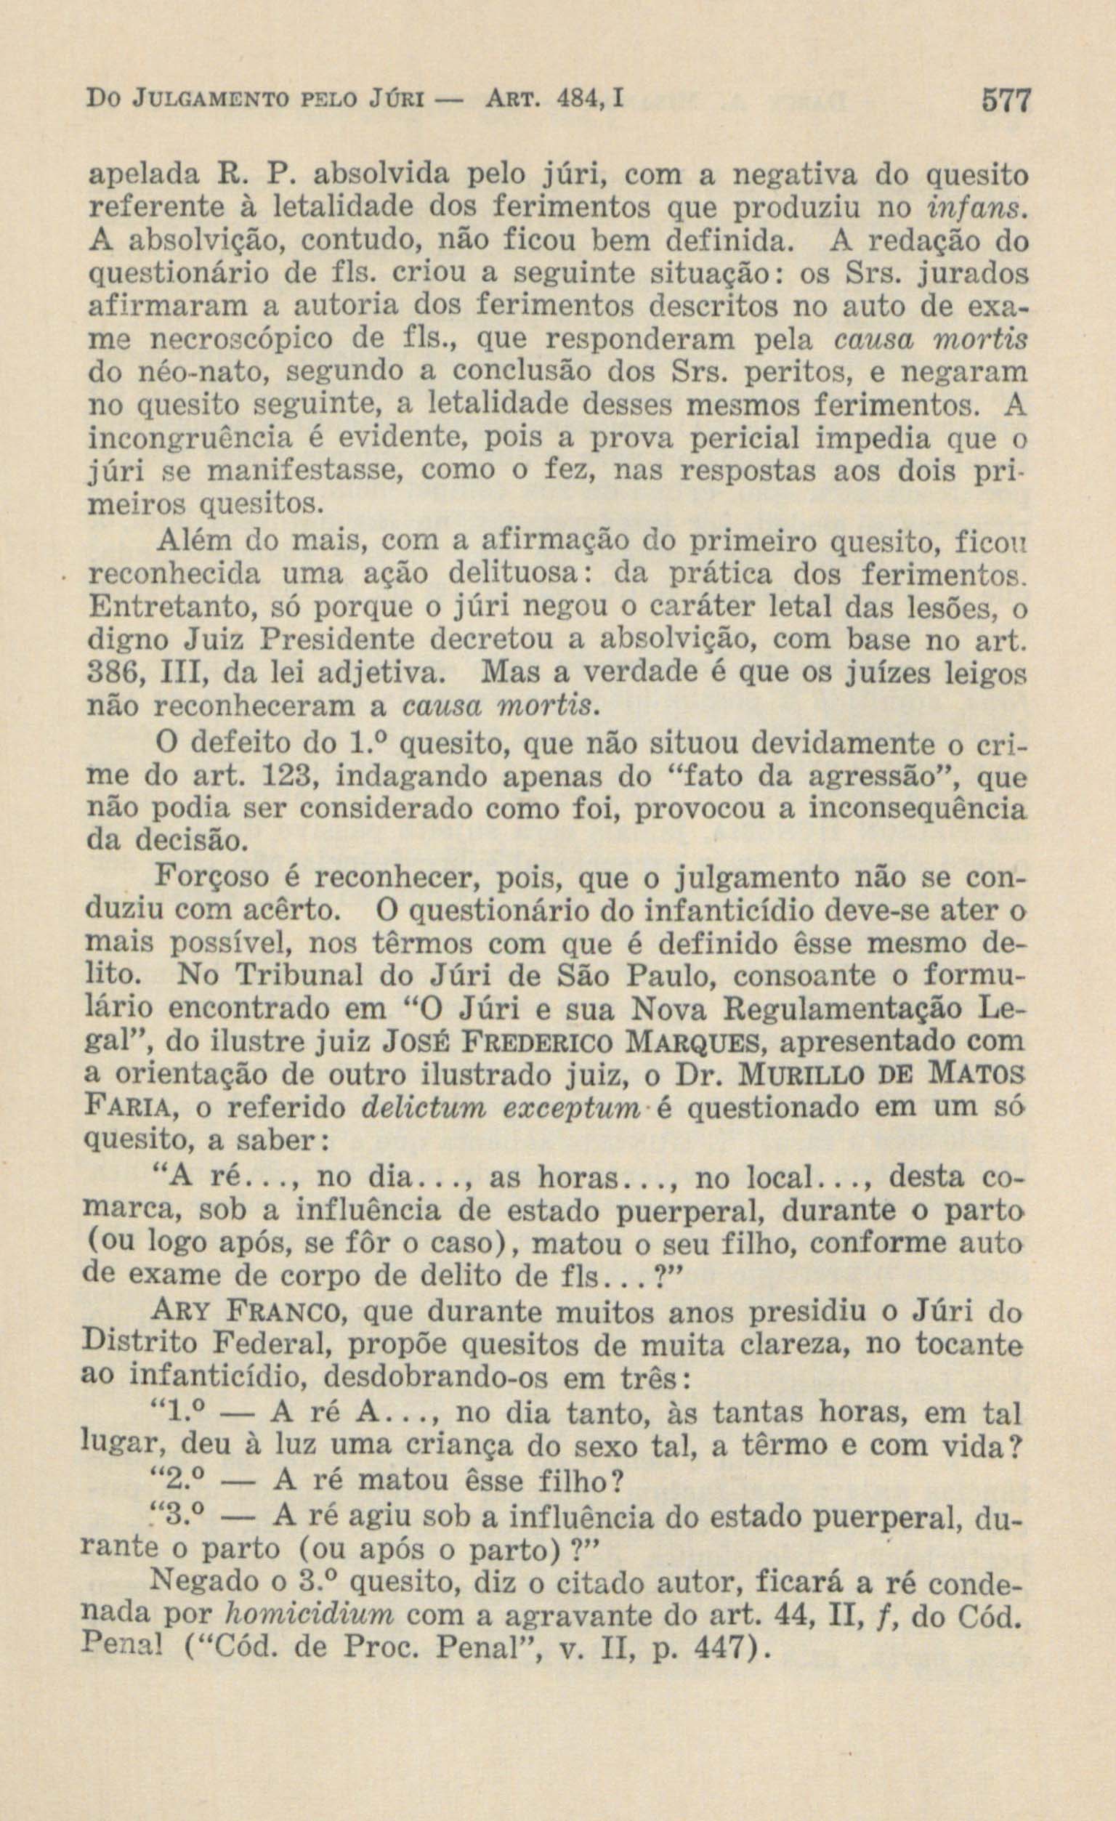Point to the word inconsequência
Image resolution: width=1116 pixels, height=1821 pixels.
tap(918, 809)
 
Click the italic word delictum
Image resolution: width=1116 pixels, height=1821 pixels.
tap(417, 1108)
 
